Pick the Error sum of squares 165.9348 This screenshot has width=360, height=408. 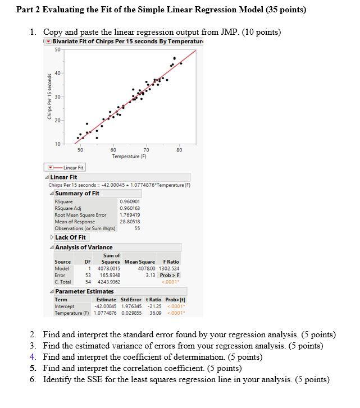[110, 275]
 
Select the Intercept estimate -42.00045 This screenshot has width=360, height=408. [105, 306]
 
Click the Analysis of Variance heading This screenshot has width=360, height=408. [84, 247]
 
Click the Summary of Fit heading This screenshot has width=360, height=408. [77, 194]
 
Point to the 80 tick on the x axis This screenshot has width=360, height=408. [179, 150]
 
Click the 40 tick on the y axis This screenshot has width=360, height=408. [57, 73]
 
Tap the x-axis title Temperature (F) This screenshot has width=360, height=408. [129, 157]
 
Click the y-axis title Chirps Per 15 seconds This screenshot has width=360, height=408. [49, 97]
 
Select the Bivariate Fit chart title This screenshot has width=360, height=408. [119, 42]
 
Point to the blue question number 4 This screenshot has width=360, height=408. [33, 357]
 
